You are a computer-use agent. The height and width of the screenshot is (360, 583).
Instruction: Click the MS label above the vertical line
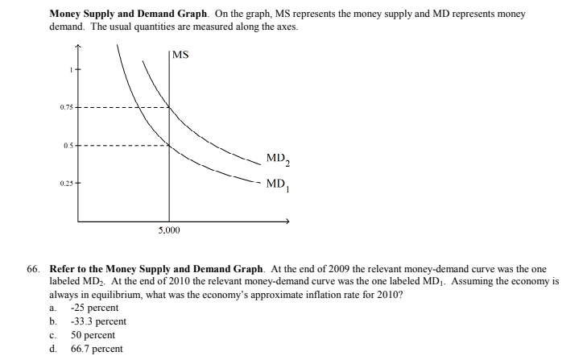coord(180,55)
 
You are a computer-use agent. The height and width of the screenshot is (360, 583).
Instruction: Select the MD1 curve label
coord(277,185)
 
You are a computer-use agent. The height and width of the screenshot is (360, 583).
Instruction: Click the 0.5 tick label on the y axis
coord(68,145)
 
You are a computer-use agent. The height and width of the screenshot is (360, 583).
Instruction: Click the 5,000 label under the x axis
coord(168,230)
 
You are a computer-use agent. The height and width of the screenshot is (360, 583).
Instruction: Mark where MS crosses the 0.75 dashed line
coord(169,107)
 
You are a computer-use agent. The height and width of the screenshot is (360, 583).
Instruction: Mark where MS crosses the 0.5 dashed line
coord(169,145)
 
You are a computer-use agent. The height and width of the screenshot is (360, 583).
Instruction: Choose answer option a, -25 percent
coord(94,308)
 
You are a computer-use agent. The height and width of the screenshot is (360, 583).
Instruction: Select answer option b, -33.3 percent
coord(98,321)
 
